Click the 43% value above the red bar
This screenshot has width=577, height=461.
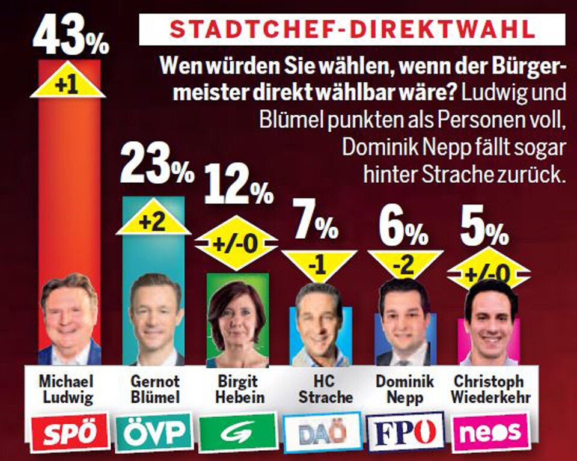70,36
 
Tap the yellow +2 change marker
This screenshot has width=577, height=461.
153,223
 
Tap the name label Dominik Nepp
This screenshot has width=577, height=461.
401,389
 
